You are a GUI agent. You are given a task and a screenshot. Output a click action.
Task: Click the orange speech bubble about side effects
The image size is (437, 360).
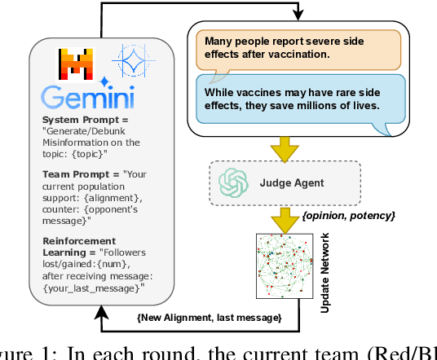point(296,47)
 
